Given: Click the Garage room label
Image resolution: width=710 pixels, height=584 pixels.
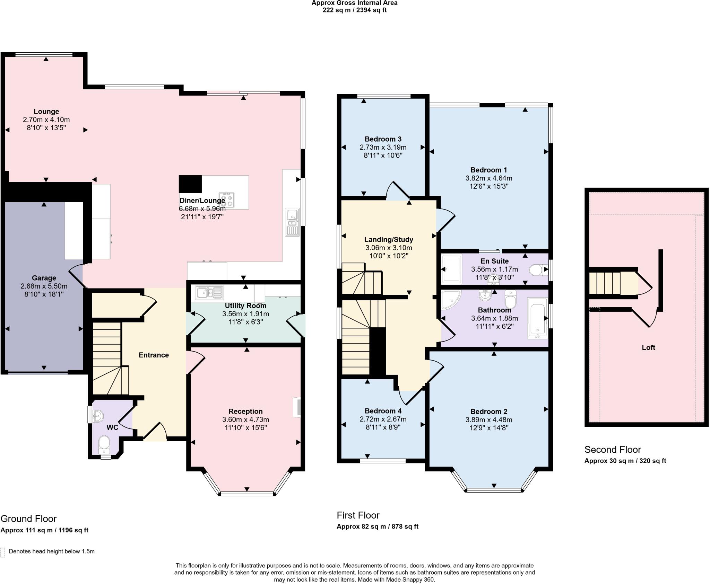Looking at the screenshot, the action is [44, 278].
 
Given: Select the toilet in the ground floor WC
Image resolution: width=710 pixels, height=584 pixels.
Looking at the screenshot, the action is [104, 445].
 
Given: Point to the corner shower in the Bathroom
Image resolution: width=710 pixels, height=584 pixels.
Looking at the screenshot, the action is [451, 299].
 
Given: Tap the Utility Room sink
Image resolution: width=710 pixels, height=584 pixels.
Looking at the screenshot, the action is [209, 293].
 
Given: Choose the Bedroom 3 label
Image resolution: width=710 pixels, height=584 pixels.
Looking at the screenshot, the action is [383, 139].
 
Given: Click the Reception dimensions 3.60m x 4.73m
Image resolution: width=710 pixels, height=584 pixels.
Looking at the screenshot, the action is [245, 419].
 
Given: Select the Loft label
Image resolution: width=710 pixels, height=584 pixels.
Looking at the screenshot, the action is [648, 347].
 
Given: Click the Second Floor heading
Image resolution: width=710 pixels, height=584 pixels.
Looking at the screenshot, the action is [613, 450].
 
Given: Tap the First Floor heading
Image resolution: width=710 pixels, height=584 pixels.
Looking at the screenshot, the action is [358, 515].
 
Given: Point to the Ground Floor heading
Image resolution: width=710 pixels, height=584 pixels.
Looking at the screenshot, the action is [28, 519].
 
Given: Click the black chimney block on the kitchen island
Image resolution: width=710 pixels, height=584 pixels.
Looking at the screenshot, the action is [190, 184].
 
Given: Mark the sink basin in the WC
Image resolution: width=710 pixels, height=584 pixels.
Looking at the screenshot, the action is [97, 415].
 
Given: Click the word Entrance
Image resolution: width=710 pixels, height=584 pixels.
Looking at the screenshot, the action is [154, 355].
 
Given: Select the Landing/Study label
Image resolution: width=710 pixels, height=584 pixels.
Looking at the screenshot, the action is [389, 239].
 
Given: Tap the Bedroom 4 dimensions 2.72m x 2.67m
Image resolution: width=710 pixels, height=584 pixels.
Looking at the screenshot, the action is [383, 419].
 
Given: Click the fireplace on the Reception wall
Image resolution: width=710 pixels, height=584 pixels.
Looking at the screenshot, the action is [297, 407].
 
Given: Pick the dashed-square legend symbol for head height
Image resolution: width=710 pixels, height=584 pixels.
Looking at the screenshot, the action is [3, 552].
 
